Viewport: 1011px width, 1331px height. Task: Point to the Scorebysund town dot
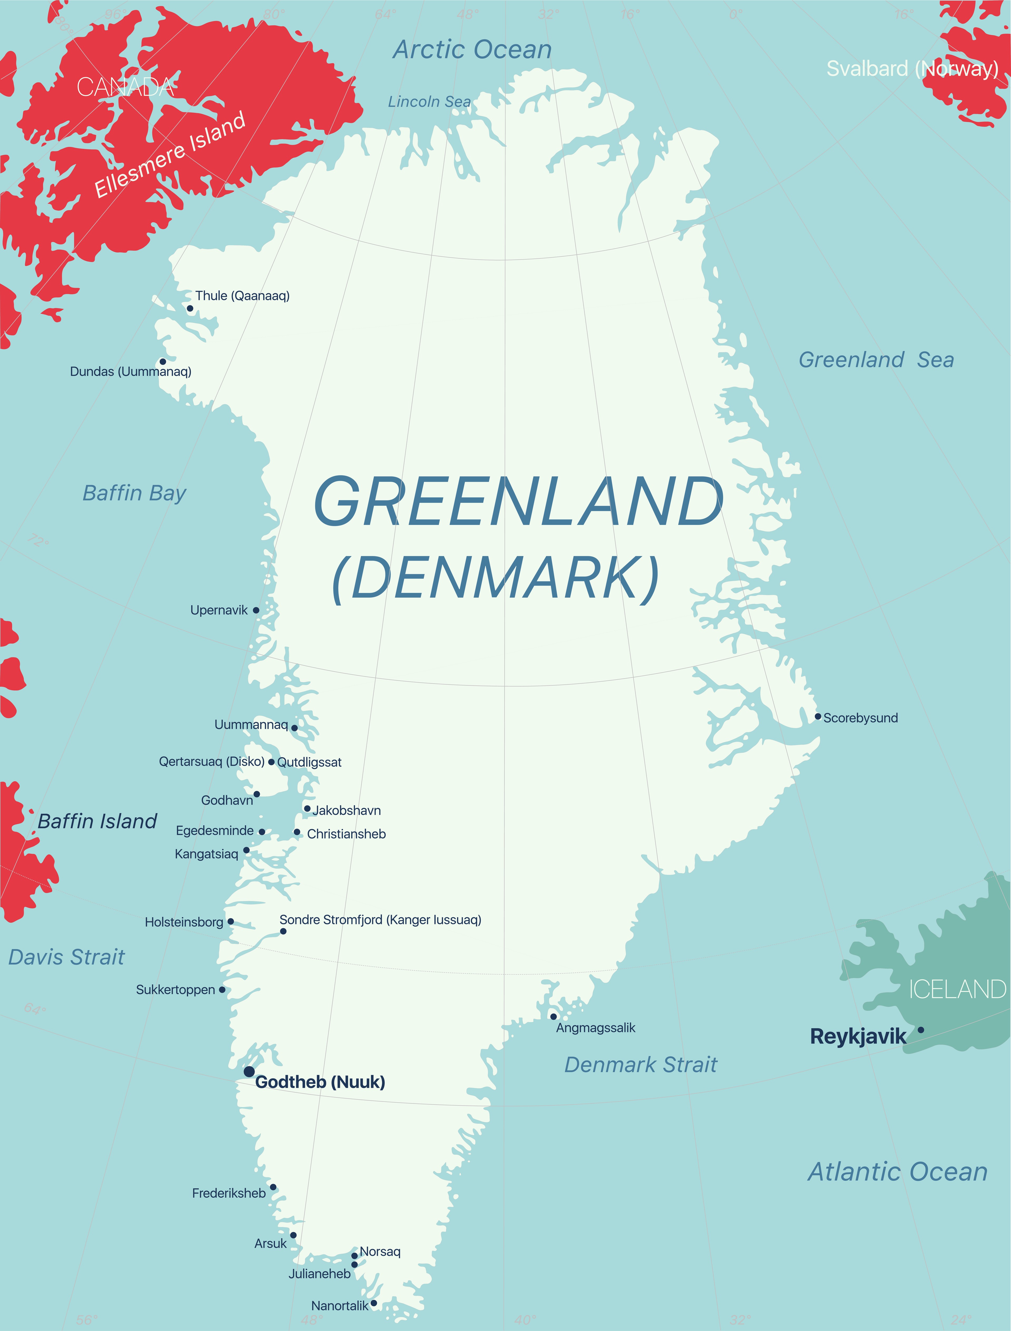tap(818, 716)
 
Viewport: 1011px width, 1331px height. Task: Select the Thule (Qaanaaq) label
tap(242, 296)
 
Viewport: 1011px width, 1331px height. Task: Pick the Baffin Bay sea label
tap(134, 493)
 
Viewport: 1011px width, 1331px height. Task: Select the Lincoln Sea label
tap(429, 102)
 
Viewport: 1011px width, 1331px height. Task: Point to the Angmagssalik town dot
tap(553, 1016)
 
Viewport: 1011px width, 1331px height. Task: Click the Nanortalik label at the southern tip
tap(339, 1306)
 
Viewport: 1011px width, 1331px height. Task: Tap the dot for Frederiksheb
tap(273, 1187)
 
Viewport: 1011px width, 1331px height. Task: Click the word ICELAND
tap(957, 989)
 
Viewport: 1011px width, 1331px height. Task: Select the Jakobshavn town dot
tap(307, 808)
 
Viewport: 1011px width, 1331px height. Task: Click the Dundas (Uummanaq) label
tap(131, 371)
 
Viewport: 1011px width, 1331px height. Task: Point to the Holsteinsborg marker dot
tap(230, 921)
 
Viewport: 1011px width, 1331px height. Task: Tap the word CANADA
tap(125, 87)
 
